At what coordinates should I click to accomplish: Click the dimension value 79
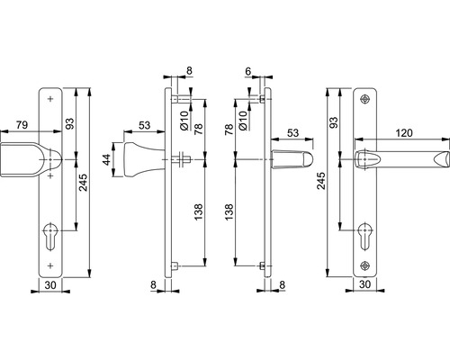pos(22,125)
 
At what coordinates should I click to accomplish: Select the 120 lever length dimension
pos(404,133)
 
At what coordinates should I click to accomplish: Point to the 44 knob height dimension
pos(106,159)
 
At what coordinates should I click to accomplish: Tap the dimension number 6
pos(247,71)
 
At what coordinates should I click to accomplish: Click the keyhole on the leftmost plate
pos(50,236)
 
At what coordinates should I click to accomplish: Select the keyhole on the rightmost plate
pos(365,236)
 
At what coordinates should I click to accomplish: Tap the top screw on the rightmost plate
pos(365,99)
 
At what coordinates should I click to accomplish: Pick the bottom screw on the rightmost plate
pos(365,265)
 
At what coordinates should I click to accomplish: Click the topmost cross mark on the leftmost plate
pos(50,99)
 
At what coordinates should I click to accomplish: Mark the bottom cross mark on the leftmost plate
pos(50,265)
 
